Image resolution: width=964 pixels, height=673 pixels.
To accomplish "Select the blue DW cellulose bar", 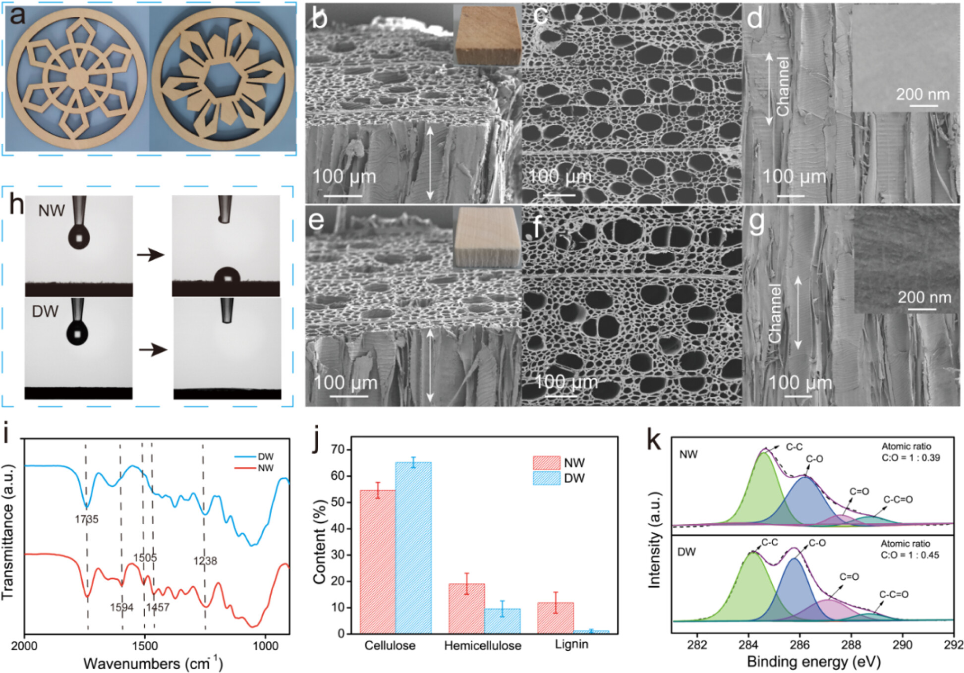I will pyautogui.click(x=413, y=548).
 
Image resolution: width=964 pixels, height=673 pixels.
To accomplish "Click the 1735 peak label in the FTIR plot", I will pyautogui.click(x=87, y=519).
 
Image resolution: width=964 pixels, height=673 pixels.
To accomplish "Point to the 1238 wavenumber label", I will pyautogui.click(x=205, y=561).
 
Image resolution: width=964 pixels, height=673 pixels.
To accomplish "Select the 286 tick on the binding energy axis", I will pyautogui.click(x=799, y=644).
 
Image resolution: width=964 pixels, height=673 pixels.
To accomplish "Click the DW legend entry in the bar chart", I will pyautogui.click(x=574, y=478).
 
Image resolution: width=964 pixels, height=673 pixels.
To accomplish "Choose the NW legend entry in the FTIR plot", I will pyautogui.click(x=265, y=468).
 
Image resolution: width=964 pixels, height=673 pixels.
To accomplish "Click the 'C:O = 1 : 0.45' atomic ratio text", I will pyautogui.click(x=910, y=555).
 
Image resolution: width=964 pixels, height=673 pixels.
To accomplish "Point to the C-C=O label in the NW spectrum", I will pyautogui.click(x=898, y=499).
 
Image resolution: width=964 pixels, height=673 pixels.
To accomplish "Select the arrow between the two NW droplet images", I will pyautogui.click(x=151, y=255).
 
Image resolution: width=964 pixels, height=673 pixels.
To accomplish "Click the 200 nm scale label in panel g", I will pyautogui.click(x=924, y=297).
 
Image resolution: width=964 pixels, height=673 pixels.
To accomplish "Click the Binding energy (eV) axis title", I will pyautogui.click(x=813, y=662).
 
